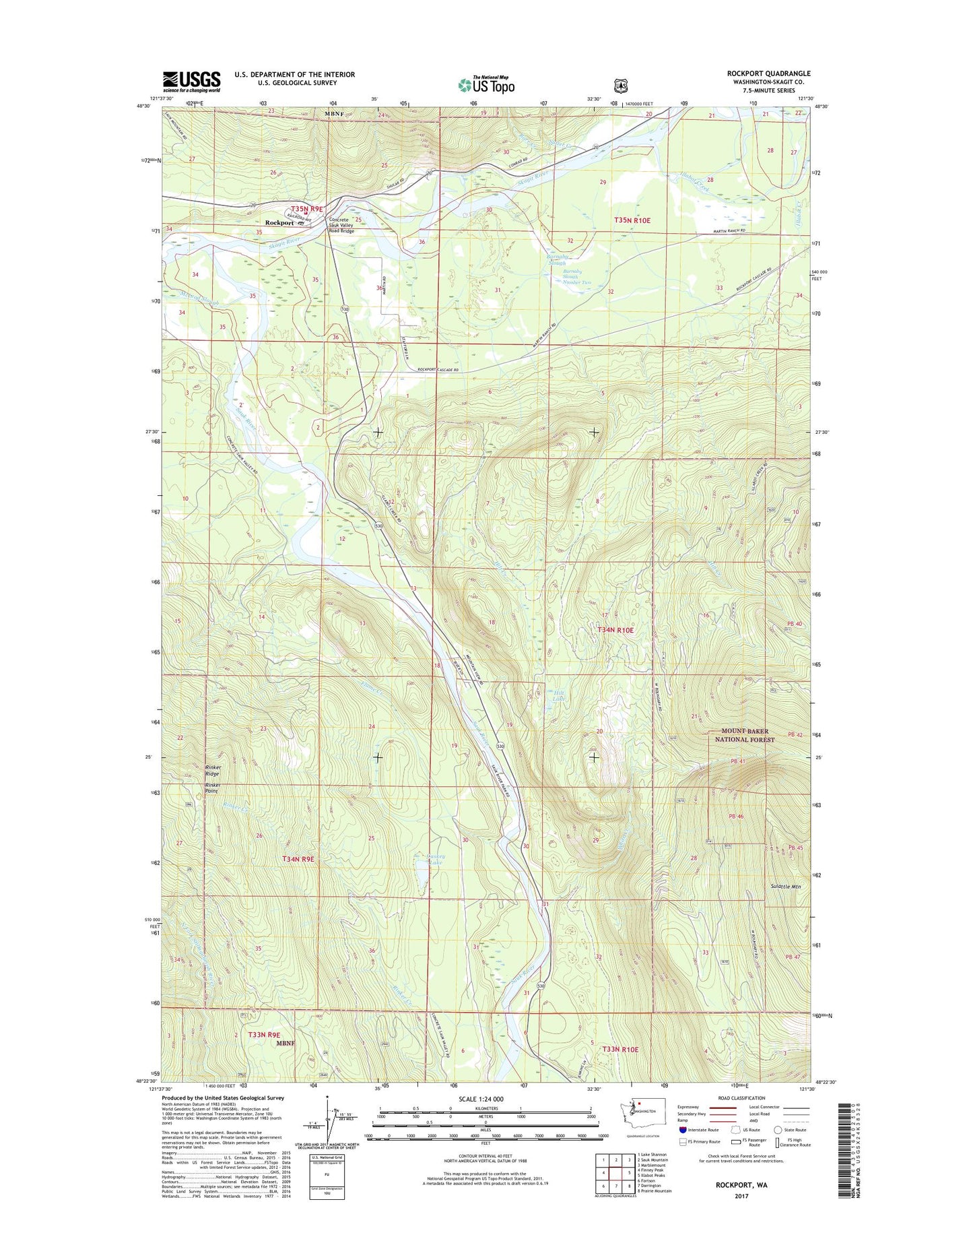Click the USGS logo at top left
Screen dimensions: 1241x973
point(191,82)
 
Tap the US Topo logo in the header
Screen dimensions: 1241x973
point(486,85)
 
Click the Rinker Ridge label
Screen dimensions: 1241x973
point(213,771)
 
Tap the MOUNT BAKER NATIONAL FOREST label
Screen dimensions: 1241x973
point(745,735)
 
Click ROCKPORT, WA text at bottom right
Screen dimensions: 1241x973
point(741,1184)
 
